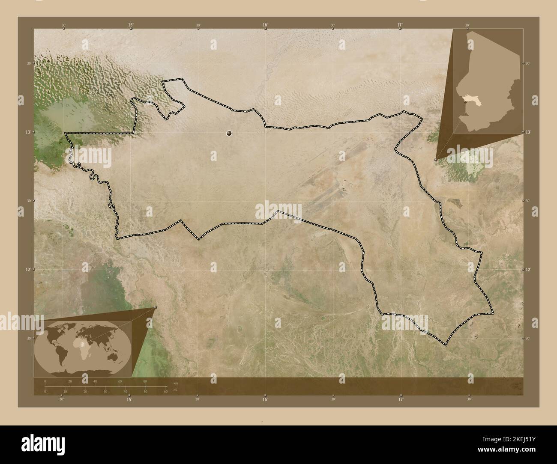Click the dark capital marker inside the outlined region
click(229, 134)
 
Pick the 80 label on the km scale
click(145, 381)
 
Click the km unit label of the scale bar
click(175, 383)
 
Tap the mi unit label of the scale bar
click(175, 390)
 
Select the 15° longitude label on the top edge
click(130, 25)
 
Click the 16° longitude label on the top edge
click(265, 25)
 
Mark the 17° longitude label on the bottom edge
click(401, 399)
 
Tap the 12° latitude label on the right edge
click(528, 269)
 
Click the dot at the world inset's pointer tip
click(155, 307)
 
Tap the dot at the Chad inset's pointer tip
click(436, 159)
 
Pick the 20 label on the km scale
click(70, 381)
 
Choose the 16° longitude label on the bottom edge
click(265, 399)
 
